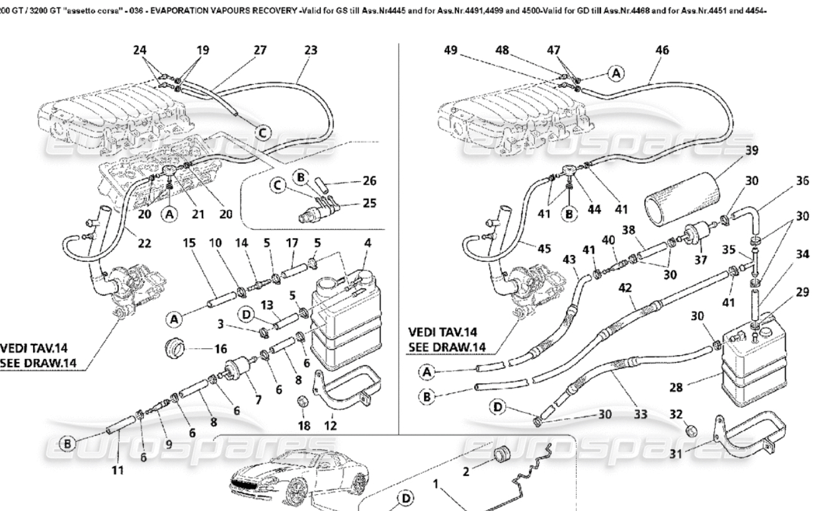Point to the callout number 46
click(663, 51)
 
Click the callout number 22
click(145, 243)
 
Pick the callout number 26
click(369, 182)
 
